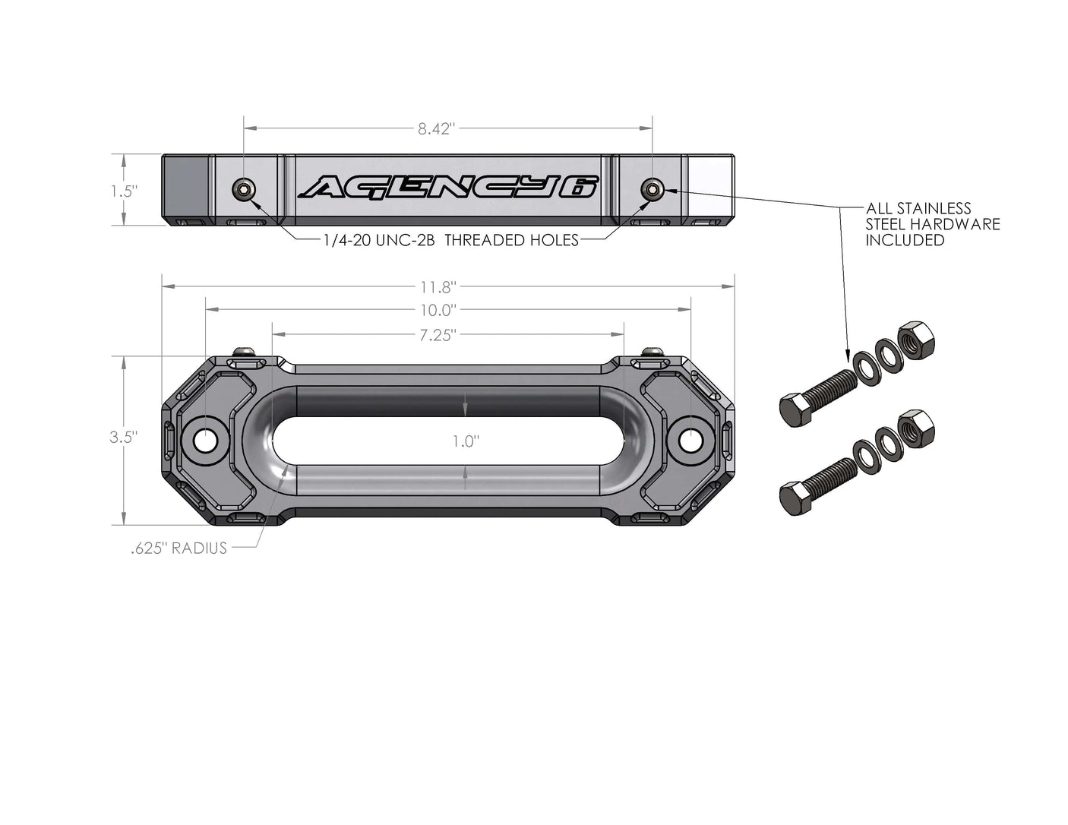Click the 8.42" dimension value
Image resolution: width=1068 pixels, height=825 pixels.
point(436,129)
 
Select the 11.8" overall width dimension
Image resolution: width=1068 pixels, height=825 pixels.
point(438,287)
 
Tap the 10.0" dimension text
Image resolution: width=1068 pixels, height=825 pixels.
point(438,310)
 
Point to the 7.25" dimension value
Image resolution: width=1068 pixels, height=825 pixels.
point(436,335)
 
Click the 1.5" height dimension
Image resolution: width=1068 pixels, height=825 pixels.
point(123,191)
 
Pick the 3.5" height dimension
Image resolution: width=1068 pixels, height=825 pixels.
point(122,437)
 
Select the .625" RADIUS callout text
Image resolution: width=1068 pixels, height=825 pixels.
point(179,548)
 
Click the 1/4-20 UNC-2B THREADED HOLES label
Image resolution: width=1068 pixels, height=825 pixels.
point(451,240)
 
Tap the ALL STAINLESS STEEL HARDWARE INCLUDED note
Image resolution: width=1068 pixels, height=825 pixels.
point(933,224)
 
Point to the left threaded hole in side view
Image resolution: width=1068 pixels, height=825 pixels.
point(244,190)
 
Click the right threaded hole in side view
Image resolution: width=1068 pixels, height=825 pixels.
point(651,188)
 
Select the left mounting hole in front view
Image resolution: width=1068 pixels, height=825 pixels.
point(205,440)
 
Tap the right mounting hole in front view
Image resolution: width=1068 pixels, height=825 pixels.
point(690,439)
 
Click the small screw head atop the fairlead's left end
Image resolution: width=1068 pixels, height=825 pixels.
point(244,351)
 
